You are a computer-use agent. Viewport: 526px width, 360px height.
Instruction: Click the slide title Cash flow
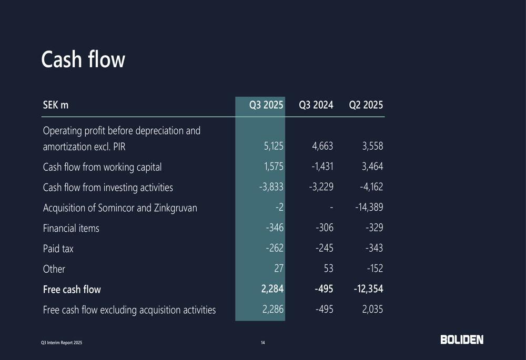(x=83, y=60)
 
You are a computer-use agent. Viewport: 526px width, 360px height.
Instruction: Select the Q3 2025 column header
(x=266, y=105)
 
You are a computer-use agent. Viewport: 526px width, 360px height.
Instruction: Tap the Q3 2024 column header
(x=316, y=105)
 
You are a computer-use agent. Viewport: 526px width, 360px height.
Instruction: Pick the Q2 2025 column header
(x=366, y=105)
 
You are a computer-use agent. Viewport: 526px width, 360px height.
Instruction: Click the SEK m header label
(x=56, y=105)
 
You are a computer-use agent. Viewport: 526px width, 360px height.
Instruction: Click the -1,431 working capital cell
(x=321, y=167)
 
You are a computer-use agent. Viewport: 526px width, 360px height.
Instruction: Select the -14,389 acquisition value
(x=369, y=208)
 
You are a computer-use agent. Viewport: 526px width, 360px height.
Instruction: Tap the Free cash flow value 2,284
(x=272, y=289)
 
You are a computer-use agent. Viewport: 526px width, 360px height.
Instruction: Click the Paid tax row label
(x=58, y=249)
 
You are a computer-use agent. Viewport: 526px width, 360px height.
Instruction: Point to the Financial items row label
(x=70, y=228)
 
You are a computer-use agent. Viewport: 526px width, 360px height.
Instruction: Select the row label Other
(x=54, y=269)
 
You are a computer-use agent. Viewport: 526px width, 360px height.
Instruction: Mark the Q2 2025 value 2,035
(x=372, y=310)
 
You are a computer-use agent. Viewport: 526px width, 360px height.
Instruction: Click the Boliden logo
(x=462, y=340)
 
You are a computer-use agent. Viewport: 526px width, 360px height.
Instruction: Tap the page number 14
(x=263, y=343)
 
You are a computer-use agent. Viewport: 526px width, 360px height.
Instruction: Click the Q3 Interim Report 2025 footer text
(x=62, y=343)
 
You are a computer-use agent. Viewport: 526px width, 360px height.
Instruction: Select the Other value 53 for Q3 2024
(x=328, y=269)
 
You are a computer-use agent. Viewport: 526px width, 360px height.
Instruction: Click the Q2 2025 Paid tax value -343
(x=375, y=249)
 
